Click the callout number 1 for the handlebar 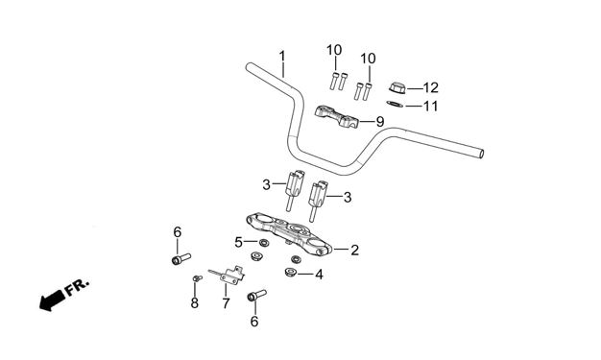click(x=282, y=57)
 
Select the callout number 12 click(x=430, y=87)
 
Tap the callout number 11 click(x=430, y=106)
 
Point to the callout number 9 click(x=380, y=122)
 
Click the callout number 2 click(x=355, y=250)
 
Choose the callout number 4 click(x=319, y=275)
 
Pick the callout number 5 click(x=238, y=242)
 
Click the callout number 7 click(x=226, y=303)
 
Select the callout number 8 click(x=195, y=303)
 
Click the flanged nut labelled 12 click(x=397, y=87)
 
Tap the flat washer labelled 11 click(x=395, y=104)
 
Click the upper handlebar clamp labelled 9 click(x=337, y=117)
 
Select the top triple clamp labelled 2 click(x=289, y=233)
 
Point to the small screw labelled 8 click(x=197, y=278)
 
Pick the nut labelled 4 click(x=290, y=273)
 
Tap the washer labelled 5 click(x=263, y=242)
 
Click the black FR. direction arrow click(x=52, y=300)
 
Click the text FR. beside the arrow click(x=78, y=287)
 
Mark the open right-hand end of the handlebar click(x=481, y=154)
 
